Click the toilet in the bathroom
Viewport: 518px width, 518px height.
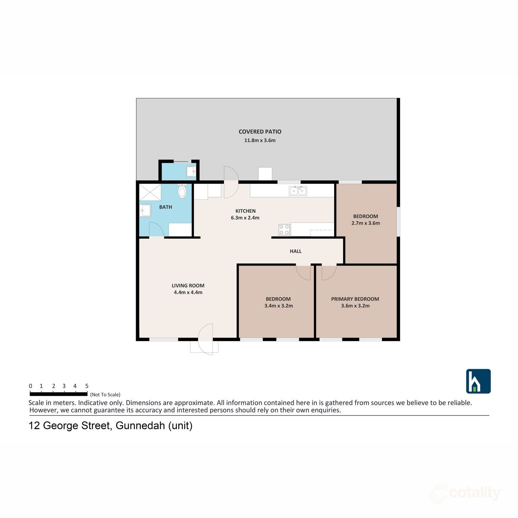(x=182, y=191)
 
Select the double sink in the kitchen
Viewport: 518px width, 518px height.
(x=298, y=190)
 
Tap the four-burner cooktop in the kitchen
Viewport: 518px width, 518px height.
(x=284, y=230)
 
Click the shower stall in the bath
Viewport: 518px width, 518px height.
(x=150, y=192)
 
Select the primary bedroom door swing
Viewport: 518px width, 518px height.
(x=328, y=272)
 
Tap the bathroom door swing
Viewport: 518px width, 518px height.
(x=156, y=230)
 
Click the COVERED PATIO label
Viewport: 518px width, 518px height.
(x=260, y=132)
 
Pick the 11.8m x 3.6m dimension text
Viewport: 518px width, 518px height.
(x=260, y=140)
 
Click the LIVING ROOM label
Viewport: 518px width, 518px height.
(x=188, y=285)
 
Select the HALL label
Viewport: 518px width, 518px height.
(x=296, y=251)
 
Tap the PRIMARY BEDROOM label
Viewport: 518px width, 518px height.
(x=355, y=299)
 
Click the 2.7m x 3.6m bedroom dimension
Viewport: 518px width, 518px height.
(x=366, y=223)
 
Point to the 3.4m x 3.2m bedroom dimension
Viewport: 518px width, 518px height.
(x=278, y=306)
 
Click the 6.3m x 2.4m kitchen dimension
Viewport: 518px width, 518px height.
(x=245, y=218)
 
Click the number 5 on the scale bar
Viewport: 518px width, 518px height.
(x=87, y=386)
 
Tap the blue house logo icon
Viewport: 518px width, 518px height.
(x=478, y=381)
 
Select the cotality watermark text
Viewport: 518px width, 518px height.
(x=475, y=493)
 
